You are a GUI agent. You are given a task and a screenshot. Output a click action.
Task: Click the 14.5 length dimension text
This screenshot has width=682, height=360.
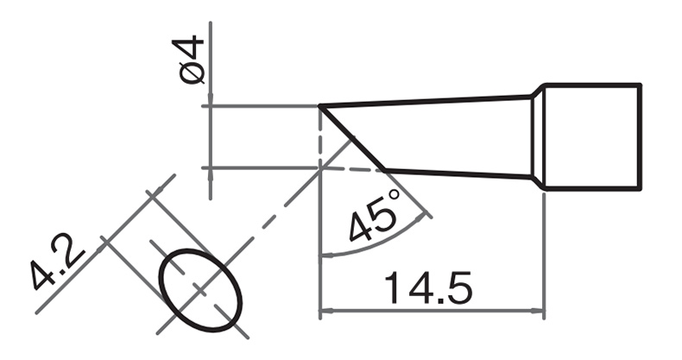[x=427, y=288]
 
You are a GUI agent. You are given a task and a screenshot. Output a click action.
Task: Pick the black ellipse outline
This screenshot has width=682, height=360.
[x=200, y=290]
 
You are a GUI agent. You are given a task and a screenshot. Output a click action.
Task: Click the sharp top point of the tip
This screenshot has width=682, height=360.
[x=320, y=106]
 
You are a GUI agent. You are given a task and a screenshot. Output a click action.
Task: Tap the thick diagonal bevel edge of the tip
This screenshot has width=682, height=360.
[x=352, y=137]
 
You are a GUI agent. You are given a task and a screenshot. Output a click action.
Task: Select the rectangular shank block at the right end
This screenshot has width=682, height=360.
[x=592, y=137]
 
